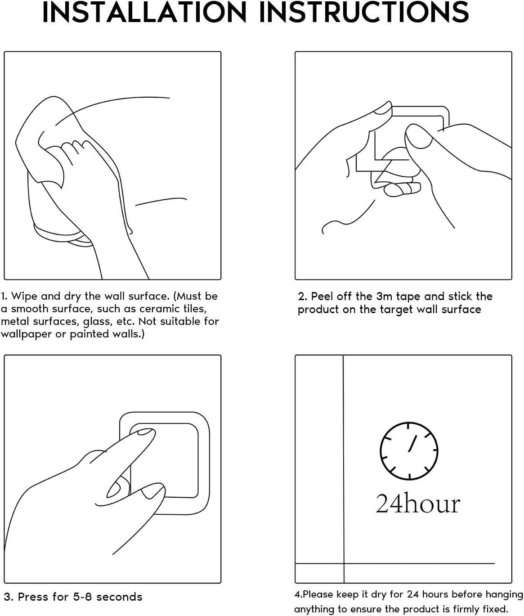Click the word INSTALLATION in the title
point(144,12)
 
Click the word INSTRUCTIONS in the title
point(364,12)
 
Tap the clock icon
point(409,451)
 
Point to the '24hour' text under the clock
point(418,504)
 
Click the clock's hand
point(412,443)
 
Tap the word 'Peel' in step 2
point(322,296)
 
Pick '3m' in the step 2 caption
point(384,296)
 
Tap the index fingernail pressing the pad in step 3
point(145,432)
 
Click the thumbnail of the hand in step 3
point(114,486)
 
